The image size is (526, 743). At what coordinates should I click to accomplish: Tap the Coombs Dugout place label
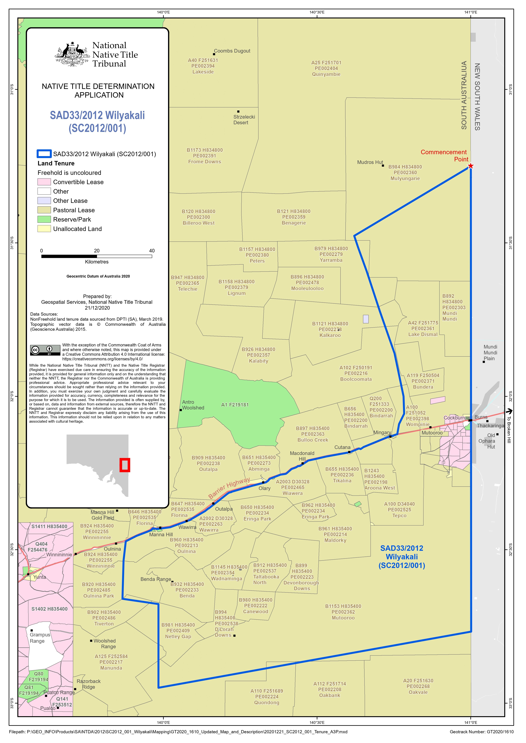pyautogui.click(x=232, y=51)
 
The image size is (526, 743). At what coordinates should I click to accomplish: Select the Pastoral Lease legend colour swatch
pyautogui.click(x=44, y=210)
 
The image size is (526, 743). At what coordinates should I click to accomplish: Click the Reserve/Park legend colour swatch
pyautogui.click(x=44, y=219)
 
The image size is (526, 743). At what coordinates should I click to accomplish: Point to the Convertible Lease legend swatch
pyautogui.click(x=44, y=182)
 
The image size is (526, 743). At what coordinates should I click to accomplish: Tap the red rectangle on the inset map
pyautogui.click(x=125, y=465)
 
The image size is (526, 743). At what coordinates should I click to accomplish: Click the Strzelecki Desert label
pyautogui.click(x=244, y=119)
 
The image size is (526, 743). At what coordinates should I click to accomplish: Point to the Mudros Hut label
pyautogui.click(x=370, y=162)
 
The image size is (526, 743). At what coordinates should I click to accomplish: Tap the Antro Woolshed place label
pyautogui.click(x=193, y=405)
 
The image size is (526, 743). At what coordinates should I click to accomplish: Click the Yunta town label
pyautogui.click(x=40, y=577)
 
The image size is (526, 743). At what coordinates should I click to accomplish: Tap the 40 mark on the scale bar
pyautogui.click(x=152, y=251)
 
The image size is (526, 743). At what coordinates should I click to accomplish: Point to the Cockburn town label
pyautogui.click(x=454, y=418)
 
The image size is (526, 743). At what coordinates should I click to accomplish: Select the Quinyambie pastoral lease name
pyautogui.click(x=326, y=74)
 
